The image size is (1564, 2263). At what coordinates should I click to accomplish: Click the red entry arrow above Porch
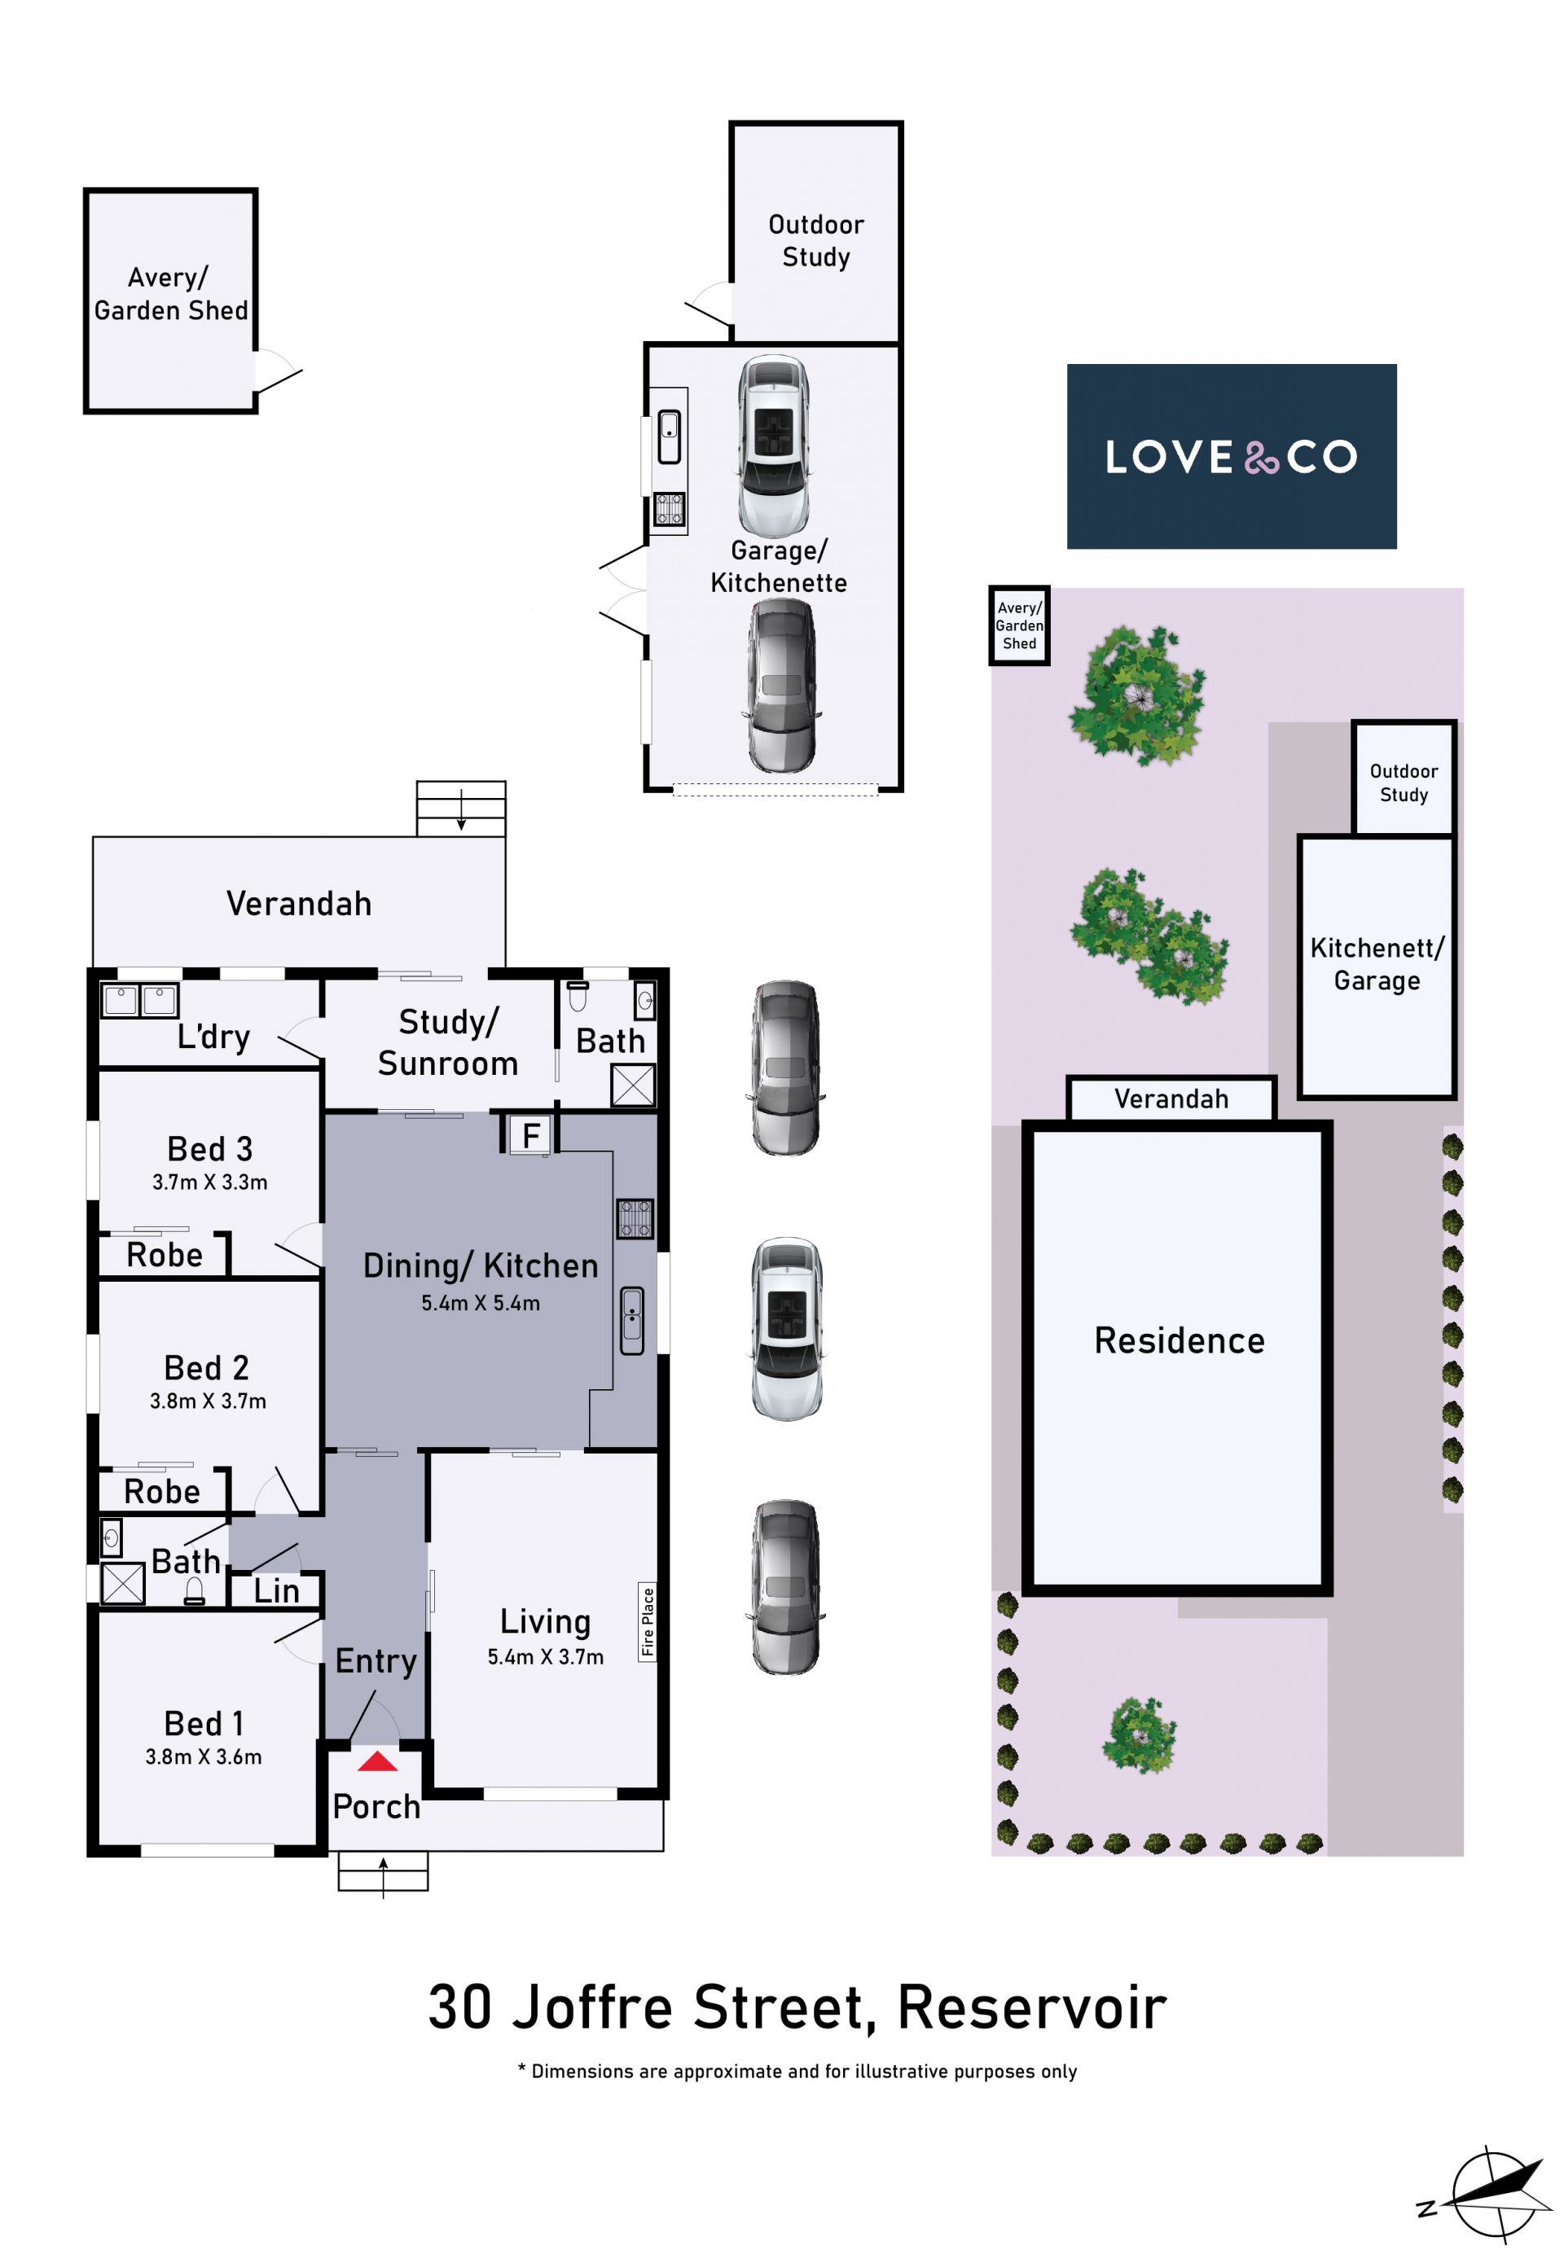point(377,1761)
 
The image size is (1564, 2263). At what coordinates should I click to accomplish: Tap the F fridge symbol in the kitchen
point(531,1135)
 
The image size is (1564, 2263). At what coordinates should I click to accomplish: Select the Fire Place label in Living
point(647,1621)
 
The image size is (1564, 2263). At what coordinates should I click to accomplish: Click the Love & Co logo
point(1231,457)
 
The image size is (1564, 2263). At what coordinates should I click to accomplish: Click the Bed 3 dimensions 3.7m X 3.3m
point(209,1182)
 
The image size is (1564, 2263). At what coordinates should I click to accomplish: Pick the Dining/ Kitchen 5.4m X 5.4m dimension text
point(480,1303)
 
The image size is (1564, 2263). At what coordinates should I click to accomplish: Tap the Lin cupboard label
point(276,1591)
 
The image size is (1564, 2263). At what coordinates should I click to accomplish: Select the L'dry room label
point(213,1037)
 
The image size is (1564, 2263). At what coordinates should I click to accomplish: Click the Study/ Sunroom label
point(448,1042)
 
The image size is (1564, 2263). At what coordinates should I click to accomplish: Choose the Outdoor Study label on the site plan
point(1404,783)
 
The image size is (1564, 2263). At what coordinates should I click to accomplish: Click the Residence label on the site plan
point(1179,1340)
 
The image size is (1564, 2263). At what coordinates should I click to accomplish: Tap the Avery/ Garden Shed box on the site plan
point(1019,626)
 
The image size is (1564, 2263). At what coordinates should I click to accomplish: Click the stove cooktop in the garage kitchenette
point(670,510)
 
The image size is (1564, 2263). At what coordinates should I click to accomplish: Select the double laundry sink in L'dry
point(140,1000)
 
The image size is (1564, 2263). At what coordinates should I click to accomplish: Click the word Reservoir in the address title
point(1032,2007)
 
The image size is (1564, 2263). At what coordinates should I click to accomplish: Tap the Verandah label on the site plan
point(1171,1099)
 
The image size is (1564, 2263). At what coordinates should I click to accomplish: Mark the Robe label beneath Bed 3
point(165,1255)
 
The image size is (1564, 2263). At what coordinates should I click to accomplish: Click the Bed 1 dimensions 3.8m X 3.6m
point(204,1756)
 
